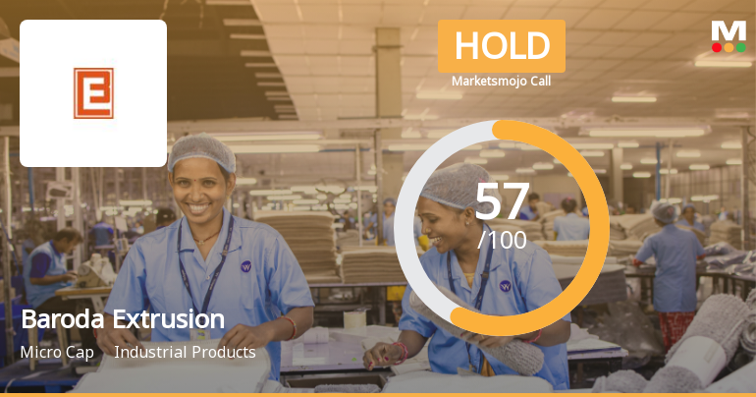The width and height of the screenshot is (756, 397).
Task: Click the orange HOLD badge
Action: tap(501, 46)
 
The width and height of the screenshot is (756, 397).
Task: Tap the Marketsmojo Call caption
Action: tap(501, 82)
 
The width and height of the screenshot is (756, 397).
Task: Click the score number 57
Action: tap(502, 201)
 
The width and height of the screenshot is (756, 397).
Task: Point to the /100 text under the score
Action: tap(502, 239)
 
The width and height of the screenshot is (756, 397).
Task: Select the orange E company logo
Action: tap(93, 92)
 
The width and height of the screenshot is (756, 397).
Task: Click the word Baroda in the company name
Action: tap(61, 319)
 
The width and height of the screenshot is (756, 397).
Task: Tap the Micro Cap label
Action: tap(57, 352)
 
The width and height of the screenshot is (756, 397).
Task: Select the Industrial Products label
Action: tap(185, 352)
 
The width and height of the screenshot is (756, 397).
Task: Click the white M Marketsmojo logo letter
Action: tap(729, 30)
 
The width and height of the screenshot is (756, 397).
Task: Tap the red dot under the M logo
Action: tap(716, 47)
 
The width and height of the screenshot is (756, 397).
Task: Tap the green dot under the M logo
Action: tap(741, 47)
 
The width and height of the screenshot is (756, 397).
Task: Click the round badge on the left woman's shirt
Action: tap(245, 265)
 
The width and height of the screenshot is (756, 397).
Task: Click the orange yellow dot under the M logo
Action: tap(729, 47)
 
